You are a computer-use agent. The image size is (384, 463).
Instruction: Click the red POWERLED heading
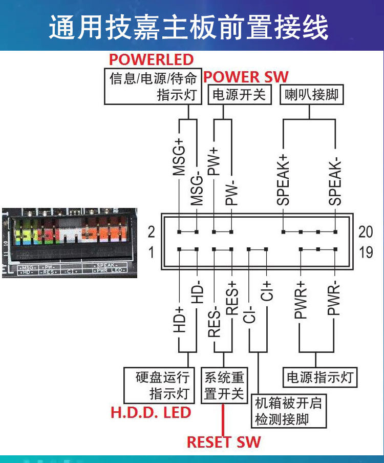[152, 59]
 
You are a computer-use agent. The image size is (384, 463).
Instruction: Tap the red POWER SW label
[246, 77]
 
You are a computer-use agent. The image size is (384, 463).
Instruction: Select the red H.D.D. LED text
[151, 412]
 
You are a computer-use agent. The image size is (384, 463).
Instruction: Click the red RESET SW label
[224, 442]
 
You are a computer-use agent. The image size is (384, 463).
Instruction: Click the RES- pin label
[214, 320]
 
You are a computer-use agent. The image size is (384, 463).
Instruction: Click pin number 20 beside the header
[366, 232]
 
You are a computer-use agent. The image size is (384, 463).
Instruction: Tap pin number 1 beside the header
[151, 252]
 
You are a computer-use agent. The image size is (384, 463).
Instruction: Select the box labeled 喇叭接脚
[311, 95]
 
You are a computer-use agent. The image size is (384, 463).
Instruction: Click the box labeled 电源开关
[239, 95]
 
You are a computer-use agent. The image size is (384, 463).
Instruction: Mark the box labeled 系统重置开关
[224, 386]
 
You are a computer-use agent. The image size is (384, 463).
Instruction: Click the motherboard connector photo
[69, 241]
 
